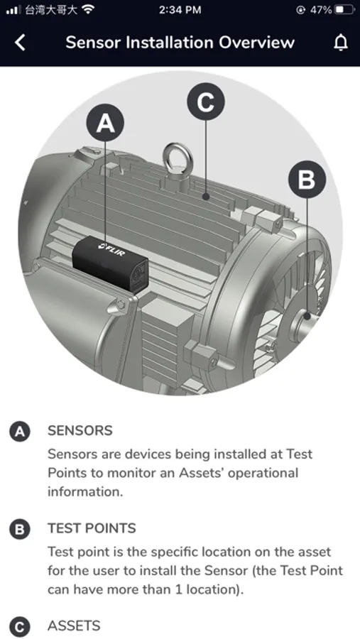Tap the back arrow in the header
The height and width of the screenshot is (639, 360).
click(x=20, y=43)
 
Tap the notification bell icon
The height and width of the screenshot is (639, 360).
click(x=341, y=43)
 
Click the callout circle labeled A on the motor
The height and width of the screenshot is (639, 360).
click(x=105, y=123)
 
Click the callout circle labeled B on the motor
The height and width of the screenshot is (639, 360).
click(x=307, y=180)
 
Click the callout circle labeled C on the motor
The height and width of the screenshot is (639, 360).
click(x=206, y=102)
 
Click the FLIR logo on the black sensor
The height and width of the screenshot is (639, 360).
click(x=112, y=249)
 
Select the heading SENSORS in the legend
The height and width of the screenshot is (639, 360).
click(x=80, y=431)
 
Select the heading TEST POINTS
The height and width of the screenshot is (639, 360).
click(x=92, y=528)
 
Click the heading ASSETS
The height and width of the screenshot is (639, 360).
click(x=74, y=626)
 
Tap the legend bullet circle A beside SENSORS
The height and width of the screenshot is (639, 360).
click(x=20, y=432)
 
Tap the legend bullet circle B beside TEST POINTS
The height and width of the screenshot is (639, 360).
click(x=20, y=530)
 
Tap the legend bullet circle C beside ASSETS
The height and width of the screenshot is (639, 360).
click(x=20, y=627)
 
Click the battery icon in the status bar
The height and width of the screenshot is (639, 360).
click(x=344, y=10)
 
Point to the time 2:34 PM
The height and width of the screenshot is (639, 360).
click(x=180, y=10)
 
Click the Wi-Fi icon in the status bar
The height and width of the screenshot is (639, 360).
click(x=87, y=9)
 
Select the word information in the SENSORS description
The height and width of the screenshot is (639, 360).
click(x=85, y=491)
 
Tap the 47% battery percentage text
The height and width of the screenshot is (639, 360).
click(x=321, y=10)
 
